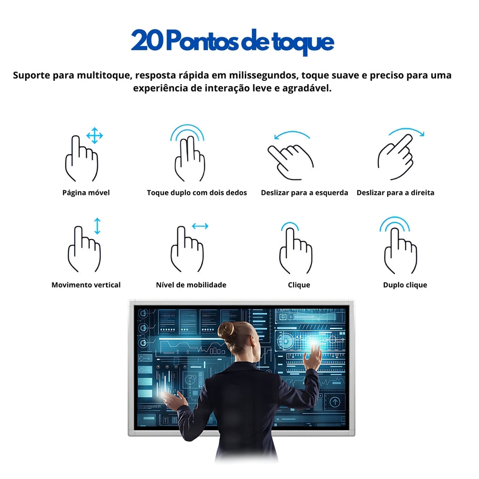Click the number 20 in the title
pos(147,41)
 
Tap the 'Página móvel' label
pos(86,193)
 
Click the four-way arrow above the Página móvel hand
pos(94,136)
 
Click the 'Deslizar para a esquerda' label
pos(304,193)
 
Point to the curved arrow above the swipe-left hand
pos(291,135)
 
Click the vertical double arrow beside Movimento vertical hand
pos(97,226)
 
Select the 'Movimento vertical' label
pos(86,285)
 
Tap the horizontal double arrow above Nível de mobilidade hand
pos(200,226)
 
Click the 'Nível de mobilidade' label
pos(191,285)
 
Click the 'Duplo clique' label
pos(405,285)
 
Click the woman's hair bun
pos(226,331)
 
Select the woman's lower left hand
pos(175,400)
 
